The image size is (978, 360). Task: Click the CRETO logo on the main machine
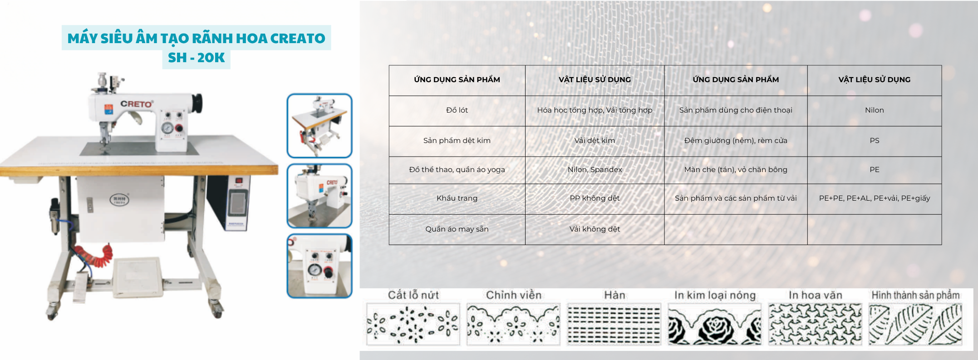tap(137, 104)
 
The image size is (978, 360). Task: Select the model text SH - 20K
tap(196, 58)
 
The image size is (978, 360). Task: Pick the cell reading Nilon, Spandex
tap(595, 170)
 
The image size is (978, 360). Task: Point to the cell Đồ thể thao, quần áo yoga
tap(457, 170)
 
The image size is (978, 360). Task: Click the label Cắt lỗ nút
tap(413, 295)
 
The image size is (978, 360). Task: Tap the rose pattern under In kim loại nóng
tap(715, 325)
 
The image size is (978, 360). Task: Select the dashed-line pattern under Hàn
tap(614, 325)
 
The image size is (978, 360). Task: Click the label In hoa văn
tap(815, 295)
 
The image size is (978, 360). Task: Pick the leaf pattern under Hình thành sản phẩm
tap(915, 325)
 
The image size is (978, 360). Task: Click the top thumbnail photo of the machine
tap(319, 126)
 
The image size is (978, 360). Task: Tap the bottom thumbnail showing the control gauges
tap(319, 266)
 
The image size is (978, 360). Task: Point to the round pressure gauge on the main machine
tap(167, 128)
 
